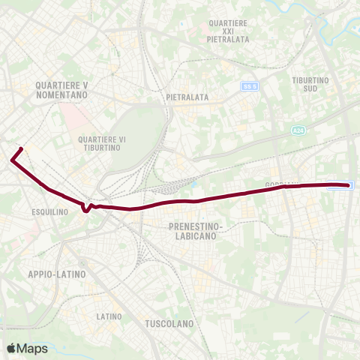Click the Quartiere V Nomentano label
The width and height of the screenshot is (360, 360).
click(61, 91)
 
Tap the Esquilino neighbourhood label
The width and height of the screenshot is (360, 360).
click(51, 211)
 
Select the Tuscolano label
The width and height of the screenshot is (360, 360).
click(168, 324)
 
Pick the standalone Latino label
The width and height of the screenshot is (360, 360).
click(109, 316)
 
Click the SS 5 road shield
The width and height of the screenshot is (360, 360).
click(250, 86)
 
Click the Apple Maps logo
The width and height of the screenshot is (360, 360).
click(27, 348)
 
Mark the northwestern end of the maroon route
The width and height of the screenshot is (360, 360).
click(21, 148)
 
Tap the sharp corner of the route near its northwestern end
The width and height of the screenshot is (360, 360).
click(12, 159)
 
